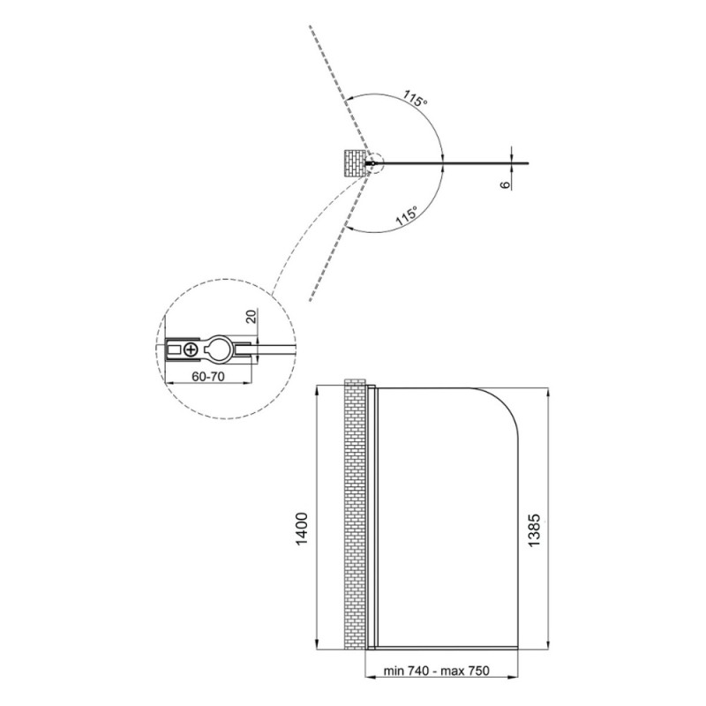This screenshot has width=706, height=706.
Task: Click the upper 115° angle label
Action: [x=415, y=98]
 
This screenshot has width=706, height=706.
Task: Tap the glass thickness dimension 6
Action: [x=505, y=184]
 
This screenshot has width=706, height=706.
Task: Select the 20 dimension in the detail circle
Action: [x=252, y=316]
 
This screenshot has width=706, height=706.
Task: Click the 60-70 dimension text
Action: [x=208, y=377]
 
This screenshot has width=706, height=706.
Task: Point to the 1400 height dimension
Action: [x=302, y=529]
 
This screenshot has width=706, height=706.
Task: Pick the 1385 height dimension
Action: [x=534, y=530]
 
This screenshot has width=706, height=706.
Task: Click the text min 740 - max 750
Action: [x=436, y=671]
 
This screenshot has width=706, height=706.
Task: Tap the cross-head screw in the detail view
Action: [x=191, y=349]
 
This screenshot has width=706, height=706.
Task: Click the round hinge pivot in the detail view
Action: [x=220, y=349]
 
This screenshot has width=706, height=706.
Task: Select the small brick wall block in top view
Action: [x=355, y=163]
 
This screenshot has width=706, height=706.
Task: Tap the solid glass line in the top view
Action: [x=450, y=163]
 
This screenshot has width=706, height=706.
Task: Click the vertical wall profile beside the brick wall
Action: [x=371, y=517]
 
